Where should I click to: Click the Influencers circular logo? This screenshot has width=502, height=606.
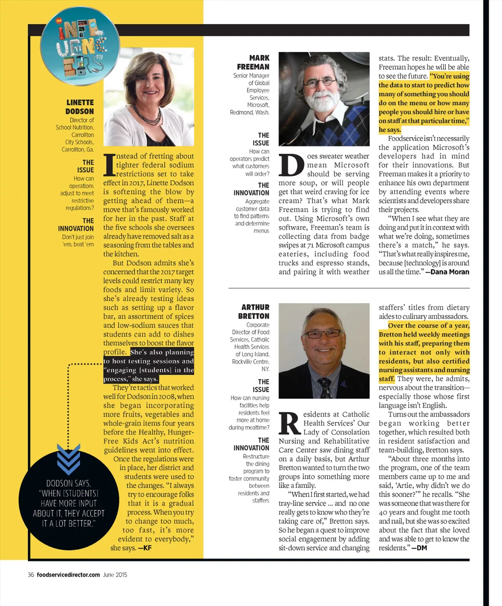click(x=80, y=47)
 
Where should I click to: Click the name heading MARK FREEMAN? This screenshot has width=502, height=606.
click(x=253, y=62)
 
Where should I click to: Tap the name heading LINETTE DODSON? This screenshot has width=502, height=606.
click(x=79, y=107)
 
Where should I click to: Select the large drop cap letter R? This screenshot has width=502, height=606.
click(x=290, y=424)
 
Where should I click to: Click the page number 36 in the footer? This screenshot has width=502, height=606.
click(x=31, y=575)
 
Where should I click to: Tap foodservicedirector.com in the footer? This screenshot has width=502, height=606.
click(x=68, y=575)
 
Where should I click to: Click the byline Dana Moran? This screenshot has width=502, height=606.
click(x=450, y=272)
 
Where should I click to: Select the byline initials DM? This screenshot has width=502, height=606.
click(x=421, y=548)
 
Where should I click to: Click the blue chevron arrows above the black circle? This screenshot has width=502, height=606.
click(x=68, y=459)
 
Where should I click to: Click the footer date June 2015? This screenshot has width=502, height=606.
click(x=115, y=575)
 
